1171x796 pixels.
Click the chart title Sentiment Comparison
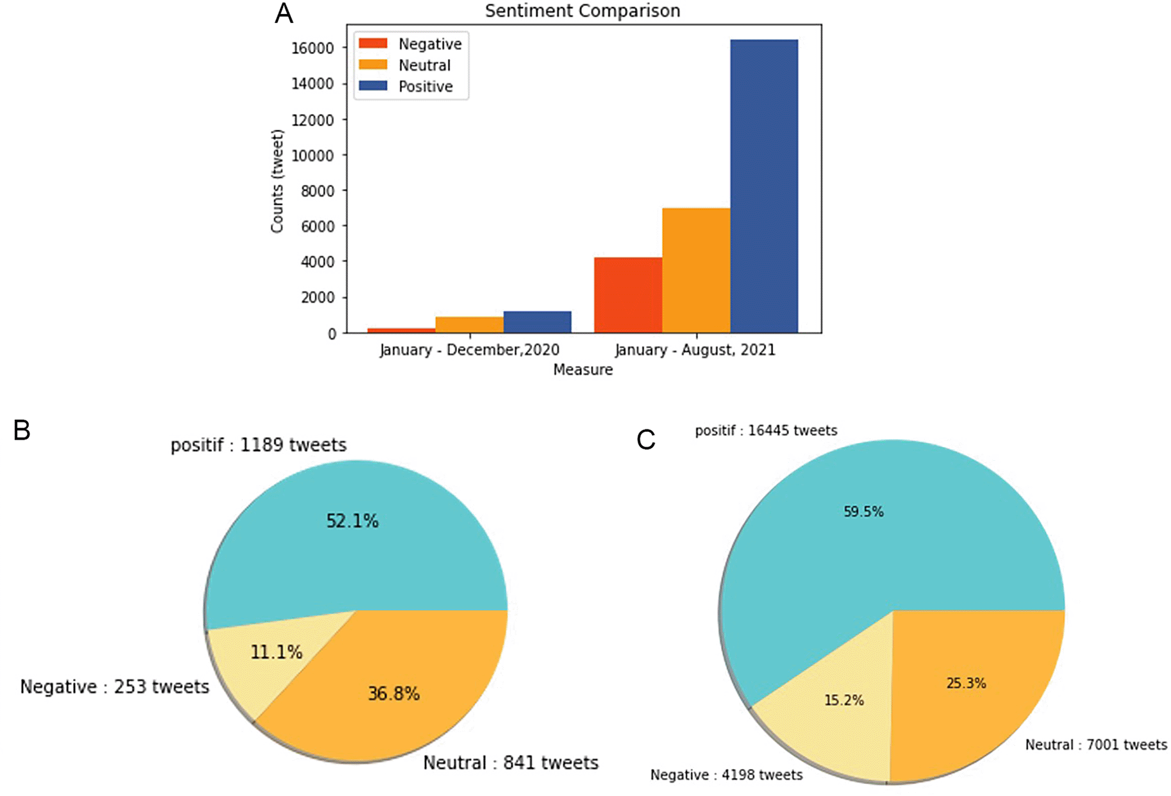pos(582,11)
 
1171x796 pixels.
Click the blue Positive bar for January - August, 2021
pos(763,186)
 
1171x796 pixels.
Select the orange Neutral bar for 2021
pos(695,270)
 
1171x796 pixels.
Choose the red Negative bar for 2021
pos(628,295)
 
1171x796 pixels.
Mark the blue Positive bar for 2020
pos(537,322)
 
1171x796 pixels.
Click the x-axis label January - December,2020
pos(469,350)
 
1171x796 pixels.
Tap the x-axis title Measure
pos(583,370)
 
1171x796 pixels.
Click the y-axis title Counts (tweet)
pos(277,181)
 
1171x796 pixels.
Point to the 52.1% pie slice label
pos(353,521)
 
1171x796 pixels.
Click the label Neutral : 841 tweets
pos(511,763)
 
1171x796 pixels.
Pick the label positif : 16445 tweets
pos(766,431)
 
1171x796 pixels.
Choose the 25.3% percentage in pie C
pos(966,683)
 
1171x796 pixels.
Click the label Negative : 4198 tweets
pos(726,775)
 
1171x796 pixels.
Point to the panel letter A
pos(284,13)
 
